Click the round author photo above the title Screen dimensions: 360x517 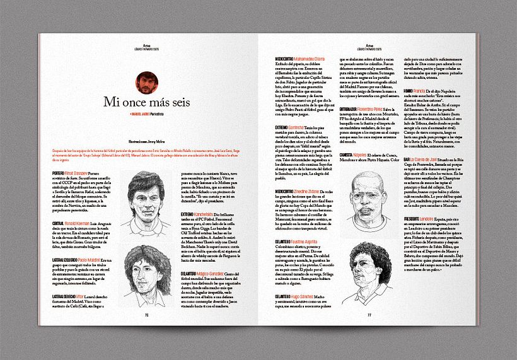pos(146,82)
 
